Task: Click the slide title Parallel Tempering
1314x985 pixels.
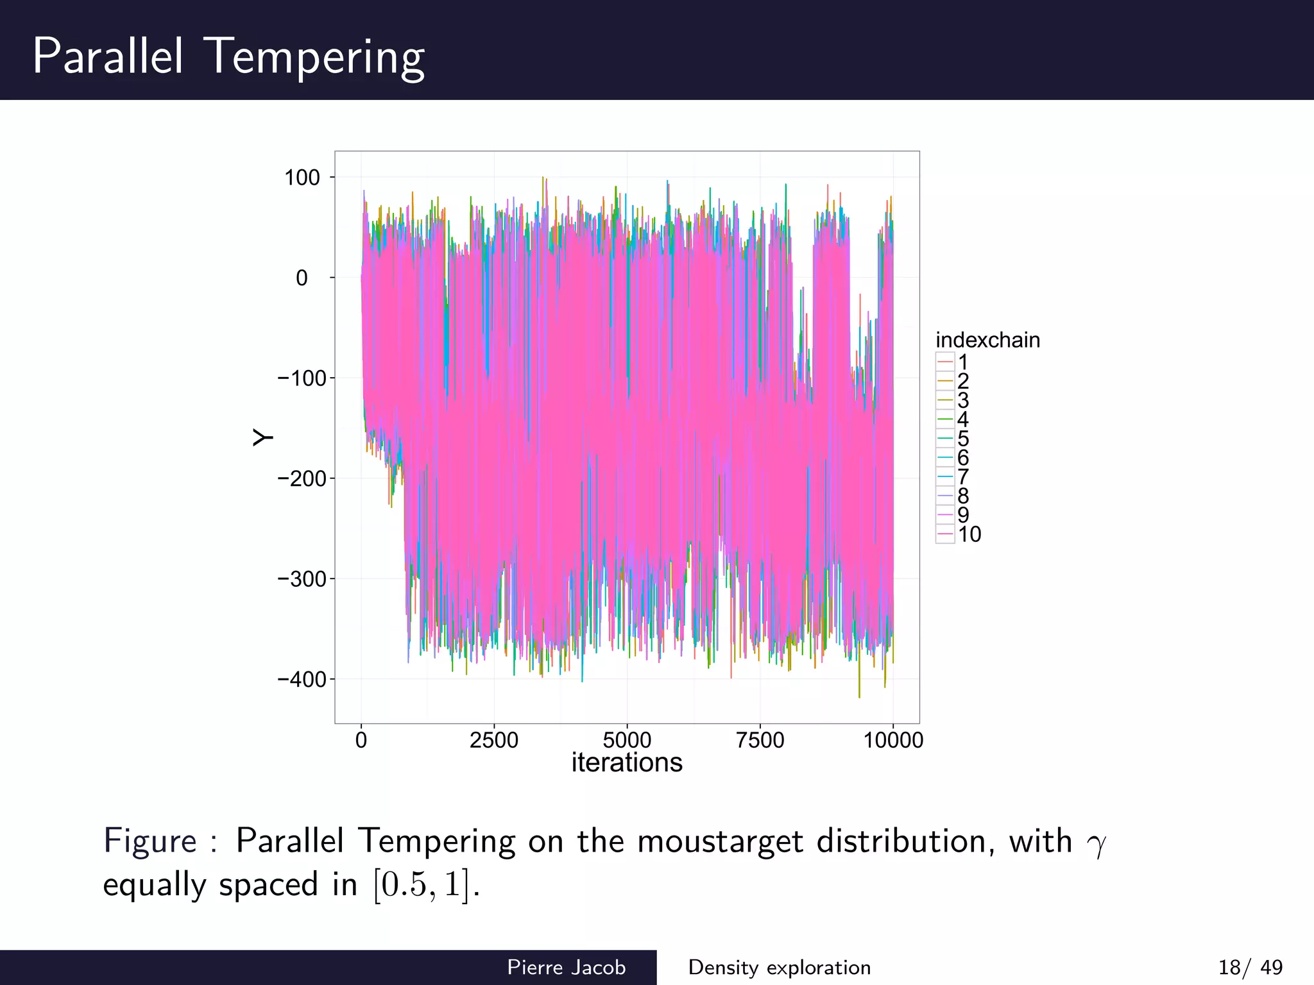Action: coord(228,56)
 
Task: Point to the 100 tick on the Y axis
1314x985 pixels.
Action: coord(302,178)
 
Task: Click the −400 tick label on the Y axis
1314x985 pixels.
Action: coord(302,679)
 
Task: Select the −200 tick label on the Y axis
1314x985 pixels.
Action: coord(302,478)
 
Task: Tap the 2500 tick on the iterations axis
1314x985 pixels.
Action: coord(493,740)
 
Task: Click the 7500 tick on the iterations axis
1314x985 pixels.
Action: coord(760,740)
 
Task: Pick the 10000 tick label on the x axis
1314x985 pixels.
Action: coord(892,740)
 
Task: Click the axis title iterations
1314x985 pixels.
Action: coord(627,762)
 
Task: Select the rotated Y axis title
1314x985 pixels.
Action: coord(262,437)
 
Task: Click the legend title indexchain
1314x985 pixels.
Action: coord(987,340)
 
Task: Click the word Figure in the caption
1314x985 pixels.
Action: coord(150,841)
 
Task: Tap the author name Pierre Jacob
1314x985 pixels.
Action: coord(566,967)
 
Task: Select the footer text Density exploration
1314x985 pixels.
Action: coord(779,967)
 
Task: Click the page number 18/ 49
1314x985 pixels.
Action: coord(1250,967)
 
